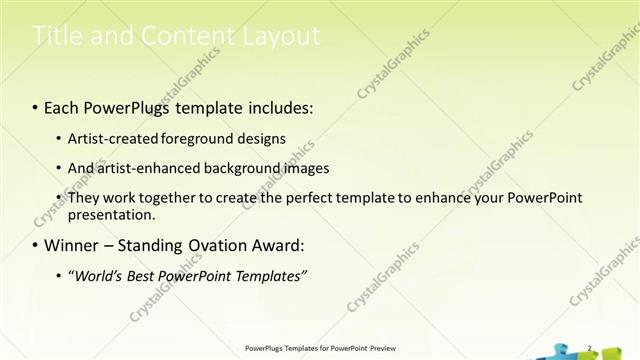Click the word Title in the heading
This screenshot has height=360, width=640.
[54, 37]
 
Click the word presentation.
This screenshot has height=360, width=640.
[111, 214]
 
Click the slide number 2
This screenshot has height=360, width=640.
[590, 348]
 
